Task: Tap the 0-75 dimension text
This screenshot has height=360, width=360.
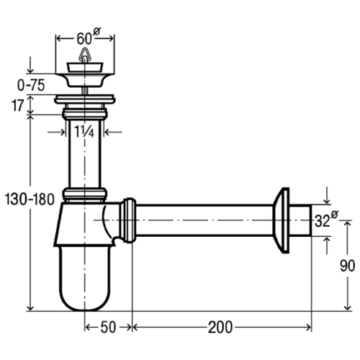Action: pos(31,85)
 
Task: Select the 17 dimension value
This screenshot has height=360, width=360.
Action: pos(17,105)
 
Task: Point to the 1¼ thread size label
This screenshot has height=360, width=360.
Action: pos(84,132)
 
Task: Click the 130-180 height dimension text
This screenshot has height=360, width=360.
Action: pos(30,199)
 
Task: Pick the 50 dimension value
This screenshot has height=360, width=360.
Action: pos(108,327)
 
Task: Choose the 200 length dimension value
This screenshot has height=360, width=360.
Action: pos(220,328)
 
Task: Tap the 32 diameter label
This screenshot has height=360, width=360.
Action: pos(326,219)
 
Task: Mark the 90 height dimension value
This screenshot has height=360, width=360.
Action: pos(347,266)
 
